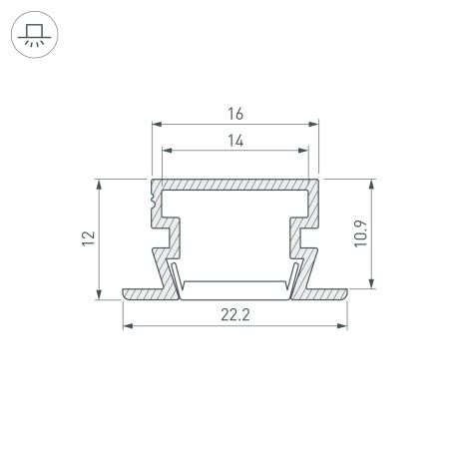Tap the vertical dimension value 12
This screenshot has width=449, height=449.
(89, 237)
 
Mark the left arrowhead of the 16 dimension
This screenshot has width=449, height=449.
(156, 126)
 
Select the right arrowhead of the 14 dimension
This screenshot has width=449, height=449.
(302, 153)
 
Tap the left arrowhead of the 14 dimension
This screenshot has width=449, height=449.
(167, 153)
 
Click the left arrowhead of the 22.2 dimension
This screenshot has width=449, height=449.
(126, 326)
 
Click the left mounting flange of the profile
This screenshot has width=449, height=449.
(145, 293)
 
